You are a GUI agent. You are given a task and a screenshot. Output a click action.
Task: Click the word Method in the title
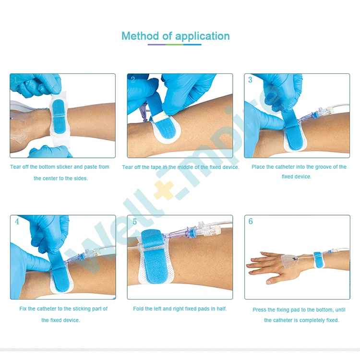[140, 36]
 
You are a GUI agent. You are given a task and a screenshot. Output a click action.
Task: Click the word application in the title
[202, 37]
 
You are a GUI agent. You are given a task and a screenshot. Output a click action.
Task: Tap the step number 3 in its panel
[250, 80]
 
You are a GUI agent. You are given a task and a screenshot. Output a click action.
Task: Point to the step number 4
[17, 221]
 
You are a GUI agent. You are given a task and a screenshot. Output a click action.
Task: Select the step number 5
[134, 222]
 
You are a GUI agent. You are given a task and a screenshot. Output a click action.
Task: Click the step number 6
[251, 221]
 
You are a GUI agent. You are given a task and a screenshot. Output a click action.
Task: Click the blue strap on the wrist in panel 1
[59, 116]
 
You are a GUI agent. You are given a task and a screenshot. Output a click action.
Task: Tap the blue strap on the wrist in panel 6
[318, 260]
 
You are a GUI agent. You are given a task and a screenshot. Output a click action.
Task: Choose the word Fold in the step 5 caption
[138, 309]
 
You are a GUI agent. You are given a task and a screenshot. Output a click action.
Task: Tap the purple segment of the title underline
[156, 45]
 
